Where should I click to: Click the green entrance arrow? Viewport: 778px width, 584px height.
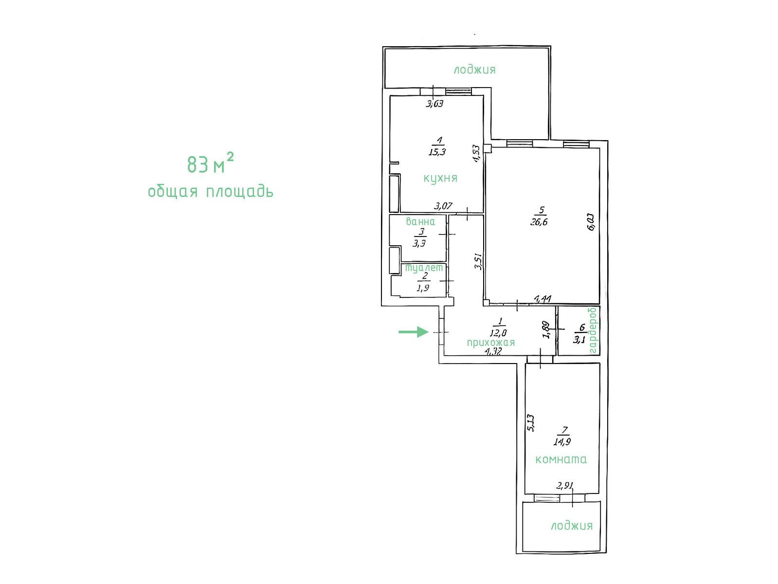click(x=413, y=332)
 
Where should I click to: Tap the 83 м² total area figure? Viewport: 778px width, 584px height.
click(x=210, y=164)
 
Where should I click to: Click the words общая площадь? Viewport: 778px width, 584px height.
click(x=211, y=192)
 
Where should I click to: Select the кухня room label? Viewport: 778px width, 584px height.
click(x=440, y=178)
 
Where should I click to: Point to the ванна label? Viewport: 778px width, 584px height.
click(x=420, y=221)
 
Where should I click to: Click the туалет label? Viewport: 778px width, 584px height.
click(x=424, y=268)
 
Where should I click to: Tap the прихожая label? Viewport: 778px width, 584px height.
click(x=490, y=342)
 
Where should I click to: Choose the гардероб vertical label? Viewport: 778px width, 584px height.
click(x=593, y=330)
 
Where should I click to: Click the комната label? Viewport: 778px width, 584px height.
click(x=561, y=459)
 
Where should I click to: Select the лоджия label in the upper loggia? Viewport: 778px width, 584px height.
click(x=474, y=70)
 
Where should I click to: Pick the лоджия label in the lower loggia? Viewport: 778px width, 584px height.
click(x=571, y=526)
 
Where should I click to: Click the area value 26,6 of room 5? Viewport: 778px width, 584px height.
click(x=539, y=222)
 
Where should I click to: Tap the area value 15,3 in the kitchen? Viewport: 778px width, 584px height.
click(x=437, y=152)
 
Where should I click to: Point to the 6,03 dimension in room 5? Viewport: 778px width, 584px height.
click(x=592, y=222)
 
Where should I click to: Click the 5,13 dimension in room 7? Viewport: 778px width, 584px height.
click(x=531, y=423)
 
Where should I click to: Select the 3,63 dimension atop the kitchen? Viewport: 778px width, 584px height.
click(x=434, y=104)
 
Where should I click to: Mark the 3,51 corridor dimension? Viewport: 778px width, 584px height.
click(x=478, y=261)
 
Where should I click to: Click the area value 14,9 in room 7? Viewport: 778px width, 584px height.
click(x=562, y=442)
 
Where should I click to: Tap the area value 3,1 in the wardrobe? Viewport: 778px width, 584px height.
click(x=579, y=340)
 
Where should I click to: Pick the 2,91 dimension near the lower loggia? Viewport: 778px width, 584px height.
click(x=564, y=486)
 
